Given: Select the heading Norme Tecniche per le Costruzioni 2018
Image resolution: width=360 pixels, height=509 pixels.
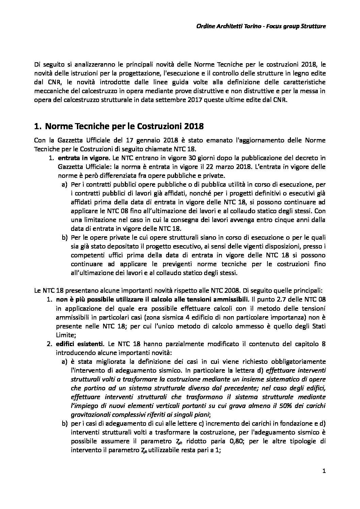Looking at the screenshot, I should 124,126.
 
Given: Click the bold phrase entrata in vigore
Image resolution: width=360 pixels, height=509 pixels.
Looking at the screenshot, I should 83,158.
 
